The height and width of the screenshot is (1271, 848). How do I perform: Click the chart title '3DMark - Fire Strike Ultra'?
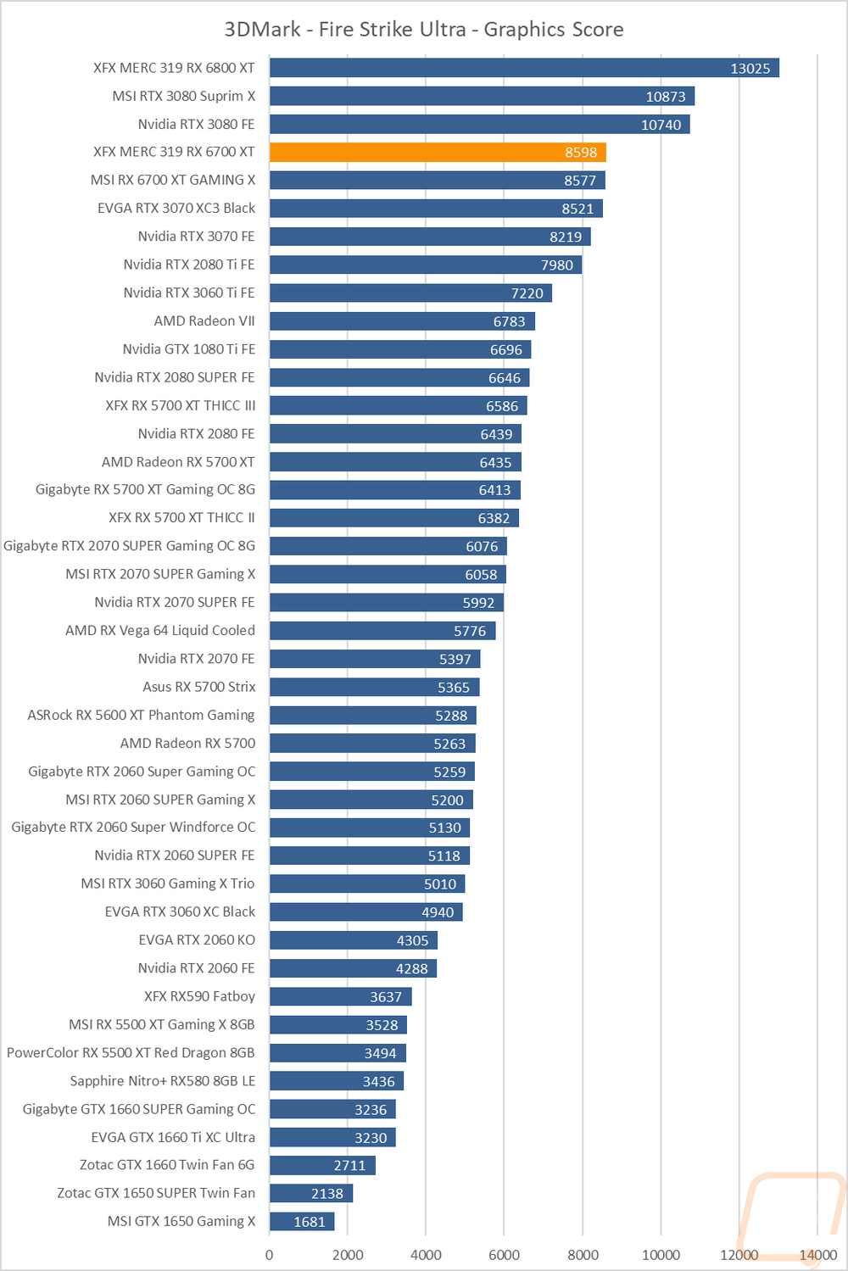[x=423, y=30]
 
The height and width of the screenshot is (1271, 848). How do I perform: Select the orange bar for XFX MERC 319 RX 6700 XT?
[x=438, y=153]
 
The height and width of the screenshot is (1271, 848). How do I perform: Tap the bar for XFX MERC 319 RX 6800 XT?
[x=524, y=68]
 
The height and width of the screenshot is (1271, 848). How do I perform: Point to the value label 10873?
[x=666, y=97]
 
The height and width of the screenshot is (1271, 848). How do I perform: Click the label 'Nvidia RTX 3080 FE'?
[x=196, y=124]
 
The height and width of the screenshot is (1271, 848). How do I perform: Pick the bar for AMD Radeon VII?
[x=402, y=321]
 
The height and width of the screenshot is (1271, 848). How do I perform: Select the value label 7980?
[x=557, y=265]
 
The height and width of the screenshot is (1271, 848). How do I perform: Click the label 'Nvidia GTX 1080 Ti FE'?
[x=188, y=349]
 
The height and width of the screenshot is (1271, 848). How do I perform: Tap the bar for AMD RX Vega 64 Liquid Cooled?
[x=382, y=631]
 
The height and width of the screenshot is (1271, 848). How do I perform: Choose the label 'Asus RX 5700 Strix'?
[x=198, y=687]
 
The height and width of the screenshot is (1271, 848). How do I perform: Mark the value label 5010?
[x=440, y=884]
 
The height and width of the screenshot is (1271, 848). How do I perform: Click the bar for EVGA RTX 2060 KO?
[x=354, y=940]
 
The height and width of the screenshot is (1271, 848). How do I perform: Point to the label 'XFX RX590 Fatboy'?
[x=199, y=996]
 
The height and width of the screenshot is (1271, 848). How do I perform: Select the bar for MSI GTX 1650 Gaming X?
[x=302, y=1222]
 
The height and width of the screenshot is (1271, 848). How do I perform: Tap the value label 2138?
[x=327, y=1194]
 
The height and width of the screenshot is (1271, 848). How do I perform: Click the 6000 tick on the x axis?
[x=504, y=1255]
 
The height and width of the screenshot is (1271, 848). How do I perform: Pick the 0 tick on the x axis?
[x=270, y=1255]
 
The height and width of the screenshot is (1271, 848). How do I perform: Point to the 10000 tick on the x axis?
[x=661, y=1255]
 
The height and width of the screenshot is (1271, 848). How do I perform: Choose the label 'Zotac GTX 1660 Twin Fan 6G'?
[x=167, y=1165]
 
